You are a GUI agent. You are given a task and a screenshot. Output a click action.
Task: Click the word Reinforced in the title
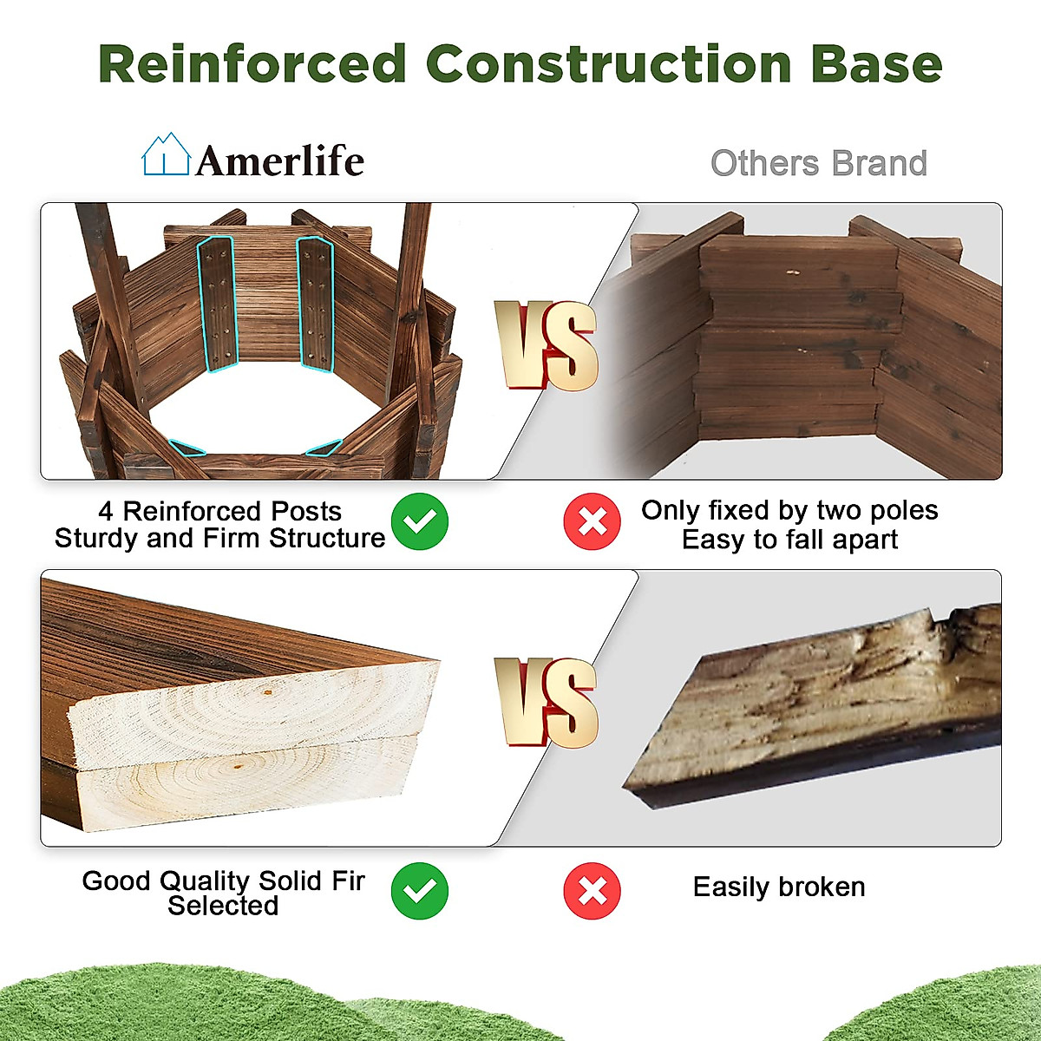click(252, 63)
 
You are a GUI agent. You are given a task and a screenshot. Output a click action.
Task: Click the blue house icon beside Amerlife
click(166, 154)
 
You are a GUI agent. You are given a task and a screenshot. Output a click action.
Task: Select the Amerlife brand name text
click(280, 160)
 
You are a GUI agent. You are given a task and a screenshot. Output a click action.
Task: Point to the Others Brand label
click(818, 163)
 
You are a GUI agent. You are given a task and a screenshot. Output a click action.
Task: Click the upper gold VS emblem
click(547, 346)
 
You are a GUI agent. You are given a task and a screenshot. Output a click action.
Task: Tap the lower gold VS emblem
click(547, 703)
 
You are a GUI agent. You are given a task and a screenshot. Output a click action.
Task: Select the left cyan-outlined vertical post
click(217, 304)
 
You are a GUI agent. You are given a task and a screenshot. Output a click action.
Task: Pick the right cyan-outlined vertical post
click(316, 304)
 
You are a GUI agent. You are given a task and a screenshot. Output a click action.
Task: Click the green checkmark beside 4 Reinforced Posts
click(420, 521)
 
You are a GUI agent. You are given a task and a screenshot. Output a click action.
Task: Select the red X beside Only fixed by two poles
click(593, 521)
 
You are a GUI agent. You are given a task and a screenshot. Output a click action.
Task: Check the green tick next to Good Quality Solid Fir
click(420, 891)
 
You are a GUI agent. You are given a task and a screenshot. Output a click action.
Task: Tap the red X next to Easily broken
click(593, 891)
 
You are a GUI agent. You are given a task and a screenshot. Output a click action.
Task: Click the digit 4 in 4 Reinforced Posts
click(106, 511)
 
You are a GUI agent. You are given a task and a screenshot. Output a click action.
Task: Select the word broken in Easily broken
click(822, 887)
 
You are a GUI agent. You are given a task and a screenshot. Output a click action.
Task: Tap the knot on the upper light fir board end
click(266, 691)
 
